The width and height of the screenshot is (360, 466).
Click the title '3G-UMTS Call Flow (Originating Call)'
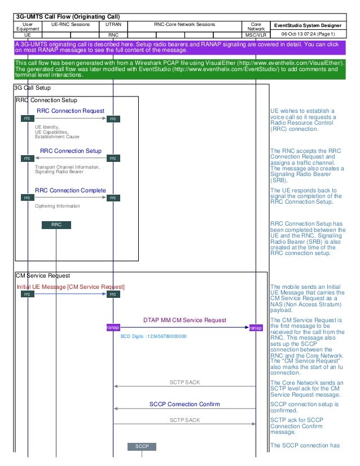(x=67, y=16)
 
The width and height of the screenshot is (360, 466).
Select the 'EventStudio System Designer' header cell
(x=309, y=25)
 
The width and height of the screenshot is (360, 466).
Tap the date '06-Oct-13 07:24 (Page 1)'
(x=309, y=34)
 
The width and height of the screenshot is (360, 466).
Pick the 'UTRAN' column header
(x=113, y=25)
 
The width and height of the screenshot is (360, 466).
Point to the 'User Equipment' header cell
(x=27, y=27)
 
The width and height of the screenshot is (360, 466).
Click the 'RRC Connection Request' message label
(x=71, y=111)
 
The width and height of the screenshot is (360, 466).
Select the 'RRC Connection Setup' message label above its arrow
(x=71, y=151)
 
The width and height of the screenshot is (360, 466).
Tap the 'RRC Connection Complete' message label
(x=71, y=190)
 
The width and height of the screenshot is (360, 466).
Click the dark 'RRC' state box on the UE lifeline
(x=56, y=225)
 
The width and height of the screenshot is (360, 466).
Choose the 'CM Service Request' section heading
(x=43, y=276)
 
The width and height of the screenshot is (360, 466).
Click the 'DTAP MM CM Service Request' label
(x=185, y=320)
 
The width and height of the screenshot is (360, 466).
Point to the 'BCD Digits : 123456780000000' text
(x=153, y=337)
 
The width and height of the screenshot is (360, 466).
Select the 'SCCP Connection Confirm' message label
(x=185, y=404)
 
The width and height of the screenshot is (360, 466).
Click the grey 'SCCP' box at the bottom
(x=142, y=446)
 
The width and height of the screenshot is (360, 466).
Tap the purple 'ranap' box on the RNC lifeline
(x=113, y=328)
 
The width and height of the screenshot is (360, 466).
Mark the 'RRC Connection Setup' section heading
(x=47, y=100)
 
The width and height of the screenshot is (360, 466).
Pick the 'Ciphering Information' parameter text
(x=58, y=206)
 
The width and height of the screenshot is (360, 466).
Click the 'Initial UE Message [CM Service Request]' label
(x=71, y=287)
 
